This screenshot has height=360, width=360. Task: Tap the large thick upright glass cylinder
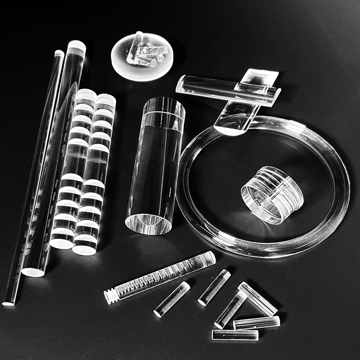tap(155, 166)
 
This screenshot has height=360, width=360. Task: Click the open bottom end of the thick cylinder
tap(148, 223)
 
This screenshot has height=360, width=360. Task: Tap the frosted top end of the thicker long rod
tap(77, 45)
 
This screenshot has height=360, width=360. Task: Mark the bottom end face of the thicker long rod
tap(33, 272)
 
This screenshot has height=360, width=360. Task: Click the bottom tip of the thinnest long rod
tap(9, 303)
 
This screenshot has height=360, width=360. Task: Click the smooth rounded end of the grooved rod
tap(209, 257)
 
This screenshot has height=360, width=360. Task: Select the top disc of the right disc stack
tap(106, 100)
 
